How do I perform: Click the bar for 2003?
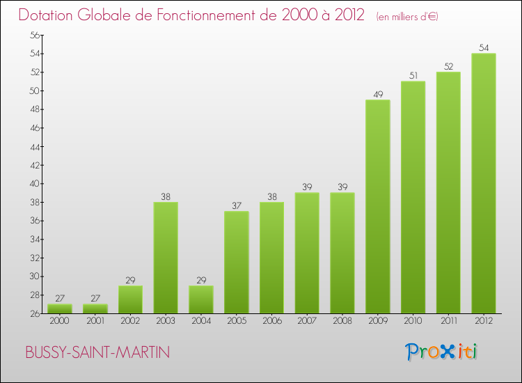click(x=166, y=258)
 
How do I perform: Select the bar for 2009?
click(x=377, y=207)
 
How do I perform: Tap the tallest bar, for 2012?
click(x=484, y=183)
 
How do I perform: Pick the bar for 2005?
click(x=236, y=263)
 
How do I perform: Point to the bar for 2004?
click(x=201, y=299)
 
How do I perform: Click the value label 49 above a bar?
click(x=377, y=94)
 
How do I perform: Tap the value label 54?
click(x=484, y=47)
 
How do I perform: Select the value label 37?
click(x=236, y=205)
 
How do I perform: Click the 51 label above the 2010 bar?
click(x=413, y=75)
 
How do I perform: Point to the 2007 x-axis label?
click(x=307, y=321)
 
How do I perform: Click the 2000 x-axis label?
click(x=60, y=321)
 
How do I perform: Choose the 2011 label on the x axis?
click(x=448, y=321)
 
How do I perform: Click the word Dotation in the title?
click(x=47, y=15)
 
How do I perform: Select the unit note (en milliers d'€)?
click(x=406, y=16)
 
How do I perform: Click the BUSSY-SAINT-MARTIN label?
click(x=97, y=352)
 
